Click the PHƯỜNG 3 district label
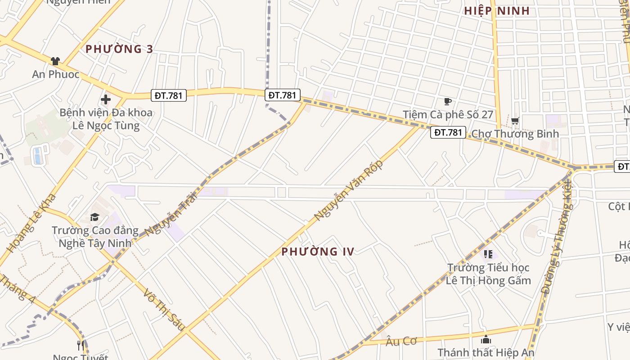pos(119,49)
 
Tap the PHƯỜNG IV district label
pos(318,252)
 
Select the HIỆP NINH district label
pos(497,11)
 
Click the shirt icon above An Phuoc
pos(55,61)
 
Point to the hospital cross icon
pos(106,99)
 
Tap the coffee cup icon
pos(447,102)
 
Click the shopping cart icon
pos(515,121)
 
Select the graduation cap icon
pos(94,217)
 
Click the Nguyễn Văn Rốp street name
pos(348,190)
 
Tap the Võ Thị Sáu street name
pos(164,310)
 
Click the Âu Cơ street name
pos(401,341)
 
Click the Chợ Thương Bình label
pos(515,134)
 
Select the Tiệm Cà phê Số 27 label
pos(448,115)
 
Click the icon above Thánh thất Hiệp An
pos(486,339)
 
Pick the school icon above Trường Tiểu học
pos(488,255)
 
